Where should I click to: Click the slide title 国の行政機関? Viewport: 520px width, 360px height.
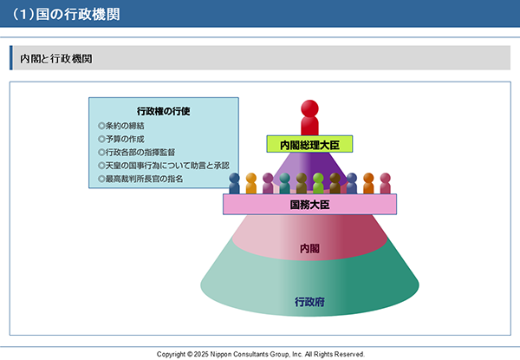(78, 14)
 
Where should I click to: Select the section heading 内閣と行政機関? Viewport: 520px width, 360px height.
(56, 59)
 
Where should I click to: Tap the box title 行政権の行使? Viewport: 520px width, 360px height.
(164, 111)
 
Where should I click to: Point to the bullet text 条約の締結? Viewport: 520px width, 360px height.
(125, 126)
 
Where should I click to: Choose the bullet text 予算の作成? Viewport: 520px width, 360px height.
(125, 139)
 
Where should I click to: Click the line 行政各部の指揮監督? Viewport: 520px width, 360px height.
(140, 153)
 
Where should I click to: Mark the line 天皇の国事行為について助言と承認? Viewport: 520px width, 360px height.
(167, 166)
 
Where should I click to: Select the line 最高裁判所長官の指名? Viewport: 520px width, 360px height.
(144, 179)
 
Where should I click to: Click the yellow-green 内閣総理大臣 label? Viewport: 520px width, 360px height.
(309, 144)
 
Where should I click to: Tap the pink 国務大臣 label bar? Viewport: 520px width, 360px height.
(309, 205)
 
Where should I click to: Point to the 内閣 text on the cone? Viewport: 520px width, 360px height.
(309, 248)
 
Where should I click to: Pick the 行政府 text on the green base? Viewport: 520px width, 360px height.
(309, 302)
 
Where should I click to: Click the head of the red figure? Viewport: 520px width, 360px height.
(309, 108)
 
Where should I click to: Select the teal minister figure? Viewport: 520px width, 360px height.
(284, 184)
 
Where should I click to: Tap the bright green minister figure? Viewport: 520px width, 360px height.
(318, 184)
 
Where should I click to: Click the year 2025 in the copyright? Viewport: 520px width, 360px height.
(201, 354)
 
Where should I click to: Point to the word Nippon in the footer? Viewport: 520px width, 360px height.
(220, 354)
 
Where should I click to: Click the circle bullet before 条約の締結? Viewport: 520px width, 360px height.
(101, 126)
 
